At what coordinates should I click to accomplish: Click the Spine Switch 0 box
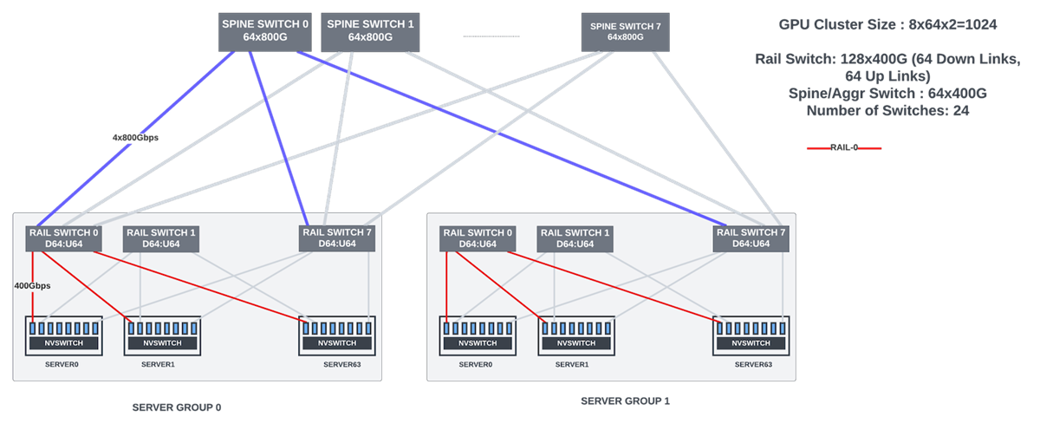[x=264, y=30]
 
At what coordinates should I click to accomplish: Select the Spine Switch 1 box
[x=368, y=30]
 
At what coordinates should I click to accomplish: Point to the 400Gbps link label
[x=32, y=285]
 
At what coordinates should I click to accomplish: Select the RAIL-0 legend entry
[x=844, y=147]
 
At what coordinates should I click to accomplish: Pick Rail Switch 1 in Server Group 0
[x=161, y=238]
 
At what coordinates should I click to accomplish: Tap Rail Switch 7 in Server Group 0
[x=336, y=238]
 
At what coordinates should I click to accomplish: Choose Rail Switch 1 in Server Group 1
[x=575, y=238]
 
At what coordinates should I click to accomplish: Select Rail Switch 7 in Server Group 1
[x=751, y=238]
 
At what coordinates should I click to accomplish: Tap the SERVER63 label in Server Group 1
[x=753, y=364]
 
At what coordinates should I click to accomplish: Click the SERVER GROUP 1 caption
[x=625, y=401]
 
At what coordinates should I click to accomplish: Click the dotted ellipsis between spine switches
[x=491, y=36]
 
